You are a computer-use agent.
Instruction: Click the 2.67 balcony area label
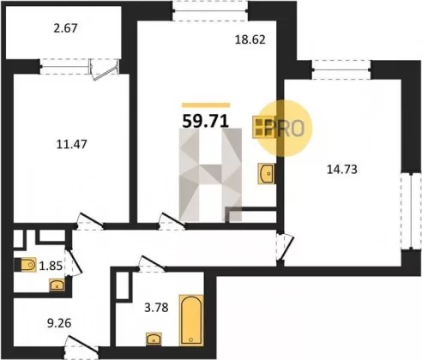point(66,28)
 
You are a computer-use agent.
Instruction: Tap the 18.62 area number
point(250,39)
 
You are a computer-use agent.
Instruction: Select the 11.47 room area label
point(71,144)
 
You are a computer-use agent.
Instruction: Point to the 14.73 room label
point(342,170)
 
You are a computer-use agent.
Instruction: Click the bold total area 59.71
point(206,121)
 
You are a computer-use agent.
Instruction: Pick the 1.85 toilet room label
point(51,267)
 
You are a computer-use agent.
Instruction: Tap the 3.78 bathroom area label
point(156,308)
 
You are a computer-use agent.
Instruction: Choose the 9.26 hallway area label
point(59,323)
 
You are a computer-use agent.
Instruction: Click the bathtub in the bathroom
point(191,321)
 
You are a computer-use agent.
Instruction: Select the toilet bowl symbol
point(26,265)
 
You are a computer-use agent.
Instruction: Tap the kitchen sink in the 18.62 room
point(267,173)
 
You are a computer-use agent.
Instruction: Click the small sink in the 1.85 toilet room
point(57,285)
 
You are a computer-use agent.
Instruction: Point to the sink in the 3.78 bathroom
point(154,339)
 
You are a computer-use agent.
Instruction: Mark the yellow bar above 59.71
point(206,105)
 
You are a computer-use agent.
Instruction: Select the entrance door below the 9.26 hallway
point(81,345)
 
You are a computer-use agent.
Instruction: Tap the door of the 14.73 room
point(285,247)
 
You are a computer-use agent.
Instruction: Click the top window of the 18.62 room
point(210,11)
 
